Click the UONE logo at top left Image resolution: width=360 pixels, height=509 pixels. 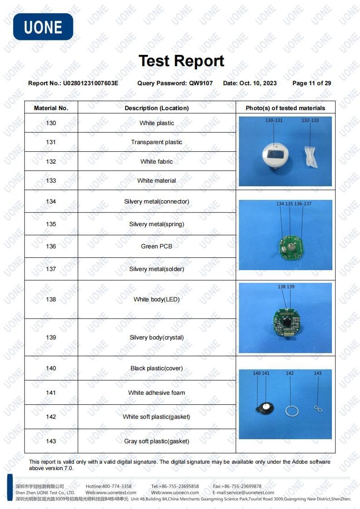(x=43, y=27)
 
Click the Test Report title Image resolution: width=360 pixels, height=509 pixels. (x=181, y=61)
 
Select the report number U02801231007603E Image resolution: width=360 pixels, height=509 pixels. (x=90, y=83)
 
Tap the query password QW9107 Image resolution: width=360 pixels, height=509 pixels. (x=201, y=83)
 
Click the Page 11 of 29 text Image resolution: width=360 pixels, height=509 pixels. (x=311, y=83)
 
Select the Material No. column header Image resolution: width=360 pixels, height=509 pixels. (x=51, y=108)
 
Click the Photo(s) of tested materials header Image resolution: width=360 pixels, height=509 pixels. (x=285, y=108)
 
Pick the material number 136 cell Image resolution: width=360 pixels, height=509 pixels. (x=51, y=246)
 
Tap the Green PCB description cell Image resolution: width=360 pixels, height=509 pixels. (x=156, y=246)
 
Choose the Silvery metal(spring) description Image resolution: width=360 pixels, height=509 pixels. (x=156, y=224)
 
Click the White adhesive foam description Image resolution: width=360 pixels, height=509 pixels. (x=156, y=393)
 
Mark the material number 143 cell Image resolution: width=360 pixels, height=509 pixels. (x=51, y=441)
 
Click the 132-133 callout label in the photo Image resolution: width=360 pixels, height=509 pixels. (x=310, y=120)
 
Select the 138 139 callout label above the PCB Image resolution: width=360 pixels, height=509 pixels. (x=286, y=286)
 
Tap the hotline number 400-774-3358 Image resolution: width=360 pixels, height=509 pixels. (x=117, y=486)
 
